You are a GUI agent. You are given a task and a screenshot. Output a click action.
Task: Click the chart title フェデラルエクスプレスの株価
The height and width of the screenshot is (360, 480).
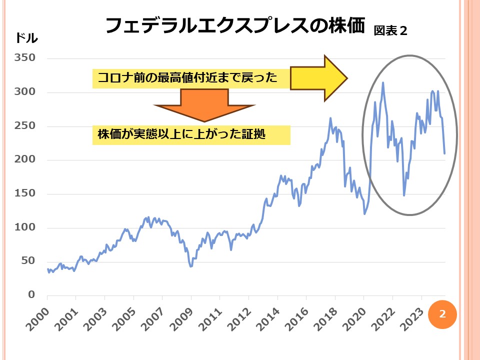[x=235, y=25]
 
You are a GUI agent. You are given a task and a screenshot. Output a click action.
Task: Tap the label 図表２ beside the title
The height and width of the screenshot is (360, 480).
[x=391, y=31]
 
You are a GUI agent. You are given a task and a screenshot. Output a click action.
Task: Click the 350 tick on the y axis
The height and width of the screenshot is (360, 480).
[x=24, y=58]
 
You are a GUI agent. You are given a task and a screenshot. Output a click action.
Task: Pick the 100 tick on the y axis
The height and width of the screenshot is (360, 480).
[x=24, y=227]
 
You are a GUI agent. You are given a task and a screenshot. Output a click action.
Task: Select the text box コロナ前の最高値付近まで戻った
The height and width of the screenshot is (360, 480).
[x=191, y=78]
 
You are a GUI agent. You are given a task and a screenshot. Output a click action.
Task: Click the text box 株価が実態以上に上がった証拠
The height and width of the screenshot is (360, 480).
[x=191, y=135]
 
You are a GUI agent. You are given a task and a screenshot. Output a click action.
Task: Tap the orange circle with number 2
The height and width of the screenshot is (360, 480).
[x=442, y=314]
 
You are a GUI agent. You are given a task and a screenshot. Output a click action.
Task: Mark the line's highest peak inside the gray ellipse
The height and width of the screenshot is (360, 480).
[x=383, y=82]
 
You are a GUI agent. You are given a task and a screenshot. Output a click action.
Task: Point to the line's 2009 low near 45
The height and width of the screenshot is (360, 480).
[x=190, y=266]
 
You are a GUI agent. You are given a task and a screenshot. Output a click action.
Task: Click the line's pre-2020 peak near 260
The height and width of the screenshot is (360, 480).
[x=330, y=118]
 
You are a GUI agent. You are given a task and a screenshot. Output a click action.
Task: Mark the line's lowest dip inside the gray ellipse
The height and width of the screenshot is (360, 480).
[x=404, y=195]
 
